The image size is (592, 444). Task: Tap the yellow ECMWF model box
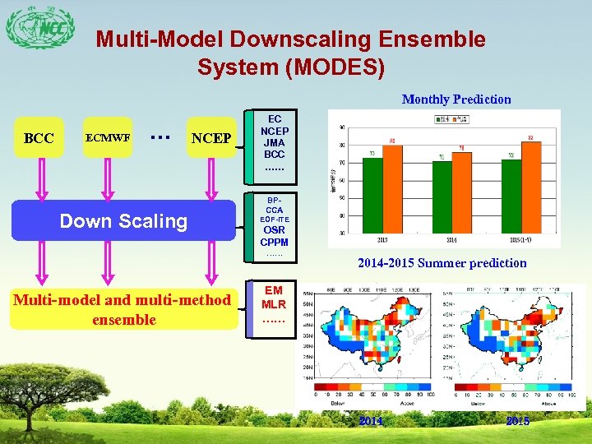pyautogui.click(x=107, y=138)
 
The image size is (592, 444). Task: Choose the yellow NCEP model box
pyautogui.click(x=210, y=138)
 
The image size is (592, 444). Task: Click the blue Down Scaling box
pyautogui.click(x=123, y=220)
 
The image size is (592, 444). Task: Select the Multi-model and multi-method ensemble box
pyautogui.click(x=123, y=309)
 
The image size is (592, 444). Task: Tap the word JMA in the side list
pyautogui.click(x=274, y=142)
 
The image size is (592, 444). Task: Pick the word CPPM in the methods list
pyautogui.click(x=274, y=243)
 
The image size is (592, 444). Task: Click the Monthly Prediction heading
pyautogui.click(x=456, y=99)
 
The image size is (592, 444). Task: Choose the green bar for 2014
pyautogui.click(x=442, y=197)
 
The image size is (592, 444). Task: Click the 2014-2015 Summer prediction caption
pyautogui.click(x=442, y=263)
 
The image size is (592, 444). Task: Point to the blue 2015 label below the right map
pyautogui.click(x=518, y=421)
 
